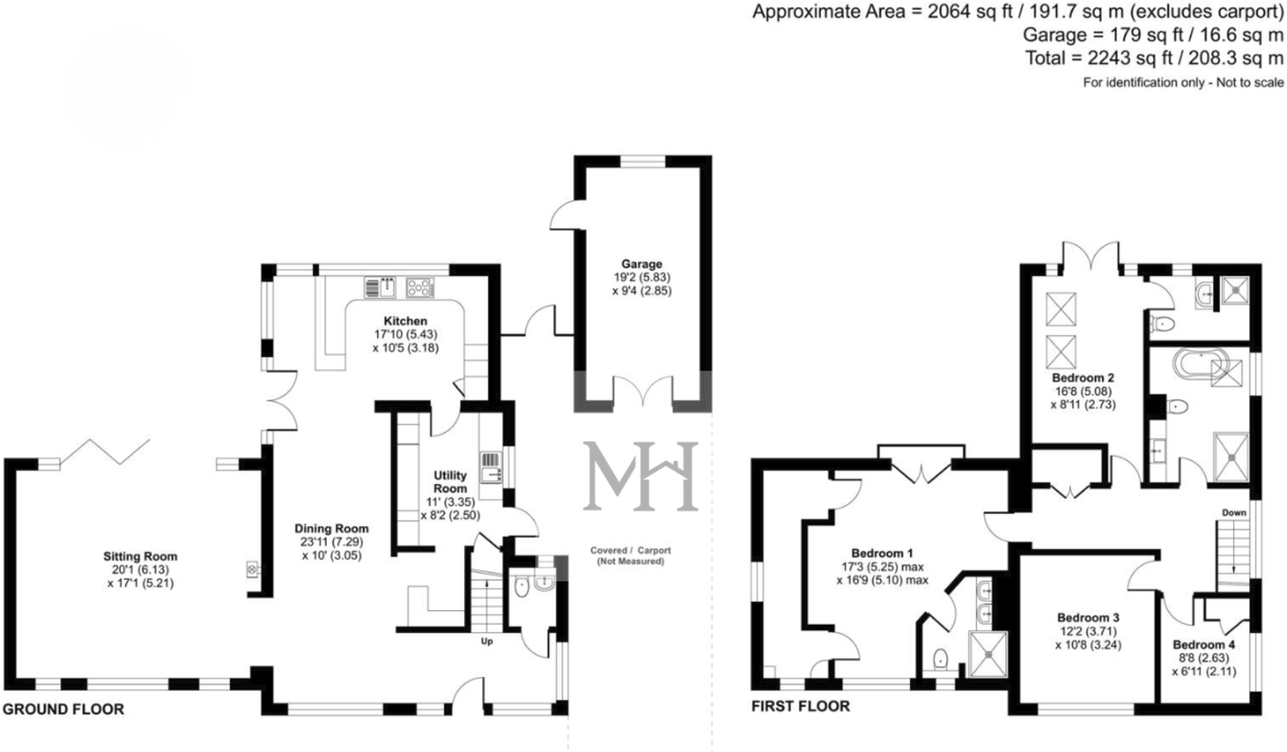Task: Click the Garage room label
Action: tap(642, 264)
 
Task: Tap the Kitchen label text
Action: tap(406, 321)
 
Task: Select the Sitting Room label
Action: tap(140, 556)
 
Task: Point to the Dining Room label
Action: tap(331, 529)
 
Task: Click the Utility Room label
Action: tap(449, 481)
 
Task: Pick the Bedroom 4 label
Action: tap(1204, 645)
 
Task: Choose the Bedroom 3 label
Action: tap(1088, 618)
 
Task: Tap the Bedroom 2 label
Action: tap(1083, 378)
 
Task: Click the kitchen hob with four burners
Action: tap(420, 287)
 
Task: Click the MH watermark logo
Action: tap(641, 476)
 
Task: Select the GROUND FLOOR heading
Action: tap(63, 710)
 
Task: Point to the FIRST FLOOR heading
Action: tap(800, 706)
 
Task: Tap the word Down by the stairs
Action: tap(1234, 512)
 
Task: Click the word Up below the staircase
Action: tap(487, 641)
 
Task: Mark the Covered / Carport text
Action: tap(631, 550)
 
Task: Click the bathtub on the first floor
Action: tap(1201, 364)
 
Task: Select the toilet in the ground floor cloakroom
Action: tap(522, 587)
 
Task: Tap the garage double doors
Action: tap(643, 393)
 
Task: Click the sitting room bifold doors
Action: tap(105, 452)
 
